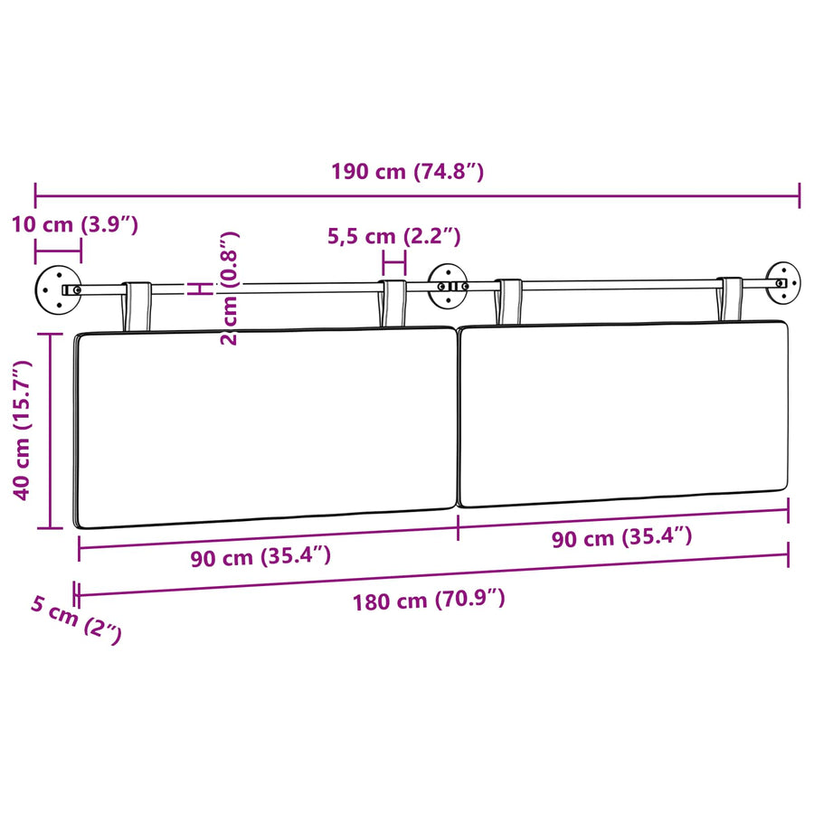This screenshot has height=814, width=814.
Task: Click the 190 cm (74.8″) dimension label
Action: click(x=408, y=171)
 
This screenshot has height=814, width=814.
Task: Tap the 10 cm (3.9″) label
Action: click(x=75, y=224)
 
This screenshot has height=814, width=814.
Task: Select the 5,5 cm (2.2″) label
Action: click(x=394, y=236)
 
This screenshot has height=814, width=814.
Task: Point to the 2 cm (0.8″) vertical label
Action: click(x=229, y=289)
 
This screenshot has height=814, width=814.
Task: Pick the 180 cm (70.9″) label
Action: click(x=429, y=601)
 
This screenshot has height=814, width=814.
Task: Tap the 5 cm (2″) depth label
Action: click(x=76, y=620)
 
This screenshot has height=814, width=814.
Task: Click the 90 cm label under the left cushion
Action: click(x=260, y=556)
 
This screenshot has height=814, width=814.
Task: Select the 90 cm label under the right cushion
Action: click(x=622, y=537)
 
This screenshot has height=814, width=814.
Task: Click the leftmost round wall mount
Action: click(x=58, y=289)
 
